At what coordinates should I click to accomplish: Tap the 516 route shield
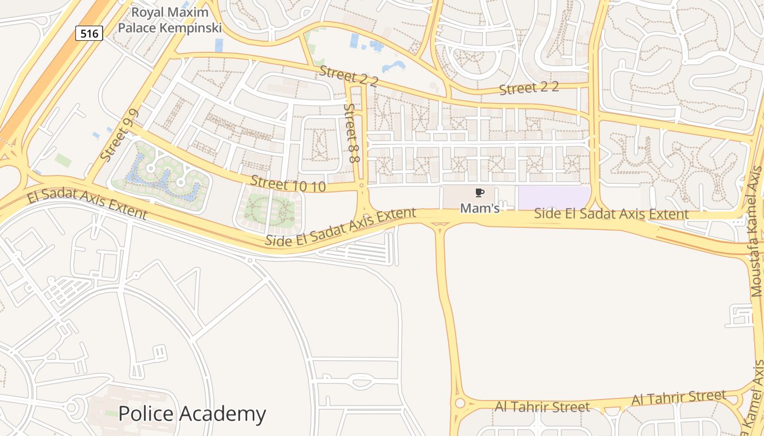click(89, 34)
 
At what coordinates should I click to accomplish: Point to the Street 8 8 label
click(351, 134)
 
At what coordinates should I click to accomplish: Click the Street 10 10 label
click(288, 184)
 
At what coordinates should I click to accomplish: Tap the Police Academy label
click(192, 414)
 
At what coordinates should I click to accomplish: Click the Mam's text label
click(480, 208)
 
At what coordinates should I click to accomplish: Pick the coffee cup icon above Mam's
click(480, 192)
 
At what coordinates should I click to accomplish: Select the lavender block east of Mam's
click(553, 197)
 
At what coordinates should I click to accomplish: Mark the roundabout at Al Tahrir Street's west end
click(459, 403)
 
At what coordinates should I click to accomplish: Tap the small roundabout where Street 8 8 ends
click(361, 186)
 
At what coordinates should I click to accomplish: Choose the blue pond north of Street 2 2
click(393, 66)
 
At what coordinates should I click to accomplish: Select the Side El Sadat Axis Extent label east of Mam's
click(611, 214)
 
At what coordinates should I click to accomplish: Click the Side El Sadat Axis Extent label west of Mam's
click(341, 226)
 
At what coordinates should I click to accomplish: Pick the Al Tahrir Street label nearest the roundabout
click(542, 407)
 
